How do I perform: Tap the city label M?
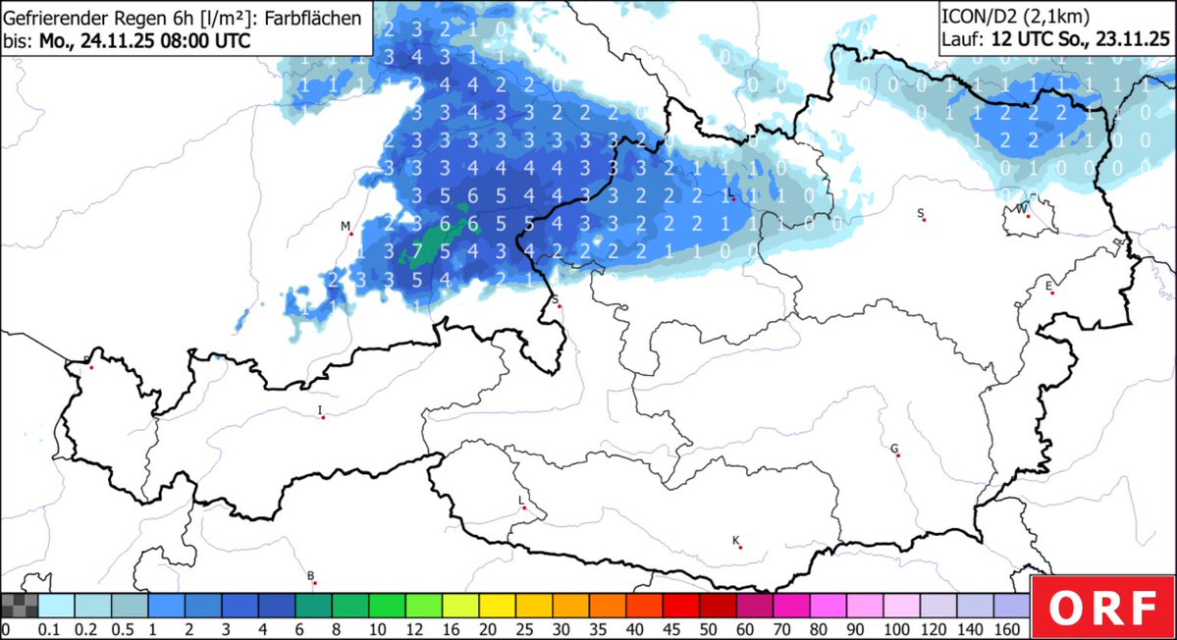coord(346,227)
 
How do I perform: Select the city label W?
coord(1021,208)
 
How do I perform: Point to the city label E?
coord(1048,286)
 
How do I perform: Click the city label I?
coord(319,409)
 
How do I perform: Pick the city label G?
coord(894,449)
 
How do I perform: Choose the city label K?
coord(736,540)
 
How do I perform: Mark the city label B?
coord(310,575)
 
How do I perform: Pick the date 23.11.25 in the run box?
coord(1126,40)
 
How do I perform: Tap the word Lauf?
coord(961,40)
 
